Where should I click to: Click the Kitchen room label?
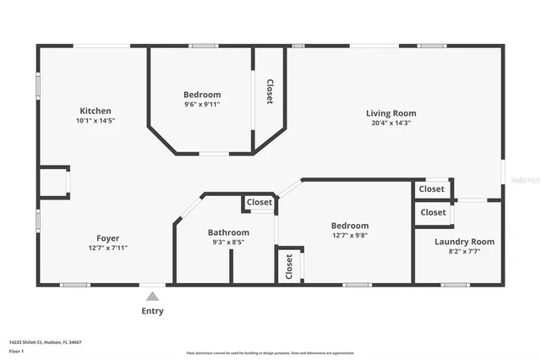point(95,111)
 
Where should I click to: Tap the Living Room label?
point(391,113)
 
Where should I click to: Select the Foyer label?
point(107,237)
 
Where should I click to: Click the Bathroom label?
point(228,232)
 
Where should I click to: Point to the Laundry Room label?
point(464,242)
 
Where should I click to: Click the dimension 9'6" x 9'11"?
point(202,106)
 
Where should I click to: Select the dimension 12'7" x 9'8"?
point(349,236)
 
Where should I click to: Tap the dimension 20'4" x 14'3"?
point(391,123)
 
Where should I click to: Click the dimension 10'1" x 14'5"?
point(95,121)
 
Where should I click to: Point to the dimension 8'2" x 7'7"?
point(464,251)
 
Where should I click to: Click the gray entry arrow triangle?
point(152,296)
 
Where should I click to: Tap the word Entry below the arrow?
point(152,311)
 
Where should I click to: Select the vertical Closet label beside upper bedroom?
point(270,91)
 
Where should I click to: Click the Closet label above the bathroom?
point(260,203)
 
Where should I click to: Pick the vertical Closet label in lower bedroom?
point(289,266)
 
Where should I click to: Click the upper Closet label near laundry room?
point(433,189)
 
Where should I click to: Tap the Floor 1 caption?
point(16,350)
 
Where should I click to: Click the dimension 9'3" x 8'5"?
point(228,242)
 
